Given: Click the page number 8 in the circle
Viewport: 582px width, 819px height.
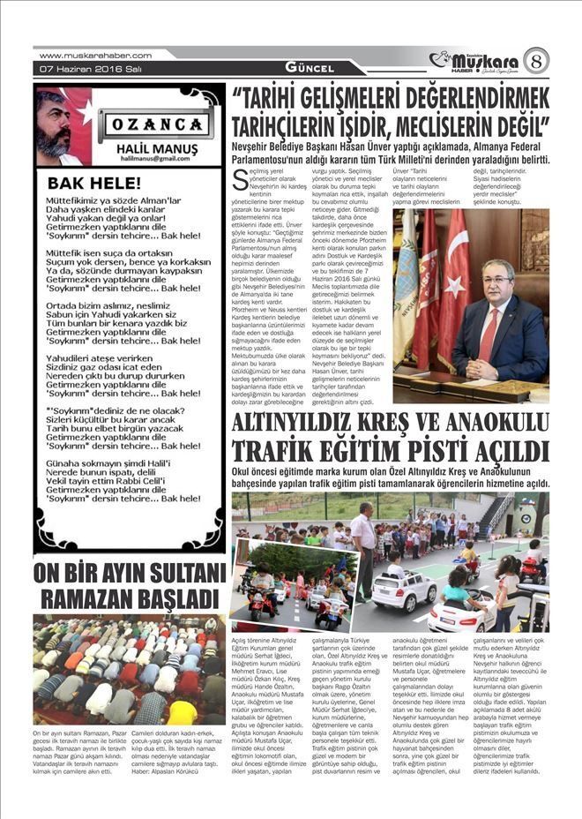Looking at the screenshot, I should (535, 60).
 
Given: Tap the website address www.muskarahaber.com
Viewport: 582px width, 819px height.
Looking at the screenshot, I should (95, 55).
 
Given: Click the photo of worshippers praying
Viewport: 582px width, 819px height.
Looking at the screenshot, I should (129, 670).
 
